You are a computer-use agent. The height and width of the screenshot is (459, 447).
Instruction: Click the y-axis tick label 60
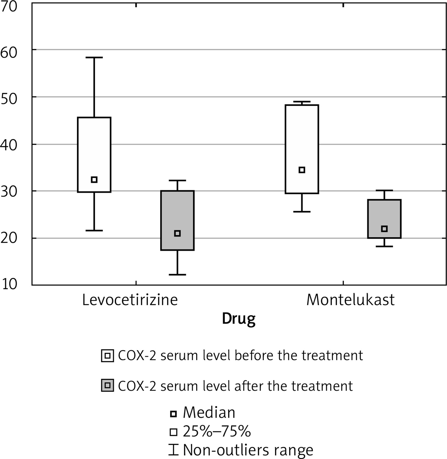pyautogui.click(x=9, y=53)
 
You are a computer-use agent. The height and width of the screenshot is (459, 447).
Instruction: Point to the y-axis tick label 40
pyautogui.click(x=9, y=145)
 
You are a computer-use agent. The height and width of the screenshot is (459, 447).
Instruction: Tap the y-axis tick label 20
pyautogui.click(x=9, y=238)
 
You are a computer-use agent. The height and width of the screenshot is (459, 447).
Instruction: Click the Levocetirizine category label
pyautogui.click(x=130, y=300)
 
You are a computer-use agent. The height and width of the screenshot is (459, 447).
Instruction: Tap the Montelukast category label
pyautogui.click(x=350, y=300)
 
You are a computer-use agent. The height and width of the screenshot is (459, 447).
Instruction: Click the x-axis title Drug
pyautogui.click(x=238, y=319)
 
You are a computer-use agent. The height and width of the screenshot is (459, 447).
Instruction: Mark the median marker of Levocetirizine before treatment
pyautogui.click(x=94, y=180)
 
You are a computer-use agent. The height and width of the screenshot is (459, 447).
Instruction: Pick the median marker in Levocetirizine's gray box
pyautogui.click(x=177, y=233)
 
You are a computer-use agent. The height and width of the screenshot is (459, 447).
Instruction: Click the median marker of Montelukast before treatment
pyautogui.click(x=302, y=170)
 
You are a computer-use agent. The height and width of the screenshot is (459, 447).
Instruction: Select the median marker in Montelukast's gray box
pyautogui.click(x=384, y=229)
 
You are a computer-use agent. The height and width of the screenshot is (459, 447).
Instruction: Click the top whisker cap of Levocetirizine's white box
pyautogui.click(x=94, y=57)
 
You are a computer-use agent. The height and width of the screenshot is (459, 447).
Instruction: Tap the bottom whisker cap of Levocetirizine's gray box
pyautogui.click(x=177, y=275)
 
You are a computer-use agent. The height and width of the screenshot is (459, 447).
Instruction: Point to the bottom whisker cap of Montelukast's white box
pyautogui.click(x=302, y=212)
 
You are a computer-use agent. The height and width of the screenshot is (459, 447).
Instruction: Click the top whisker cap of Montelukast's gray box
pyautogui.click(x=384, y=190)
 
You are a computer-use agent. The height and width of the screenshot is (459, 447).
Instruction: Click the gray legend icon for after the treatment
pyautogui.click(x=108, y=385)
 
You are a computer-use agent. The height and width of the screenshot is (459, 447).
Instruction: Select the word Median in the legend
pyautogui.click(x=209, y=413)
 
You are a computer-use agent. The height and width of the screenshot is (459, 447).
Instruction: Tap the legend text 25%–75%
pyautogui.click(x=217, y=432)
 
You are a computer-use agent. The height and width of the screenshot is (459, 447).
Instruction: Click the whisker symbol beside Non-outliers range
pyautogui.click(x=173, y=450)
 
